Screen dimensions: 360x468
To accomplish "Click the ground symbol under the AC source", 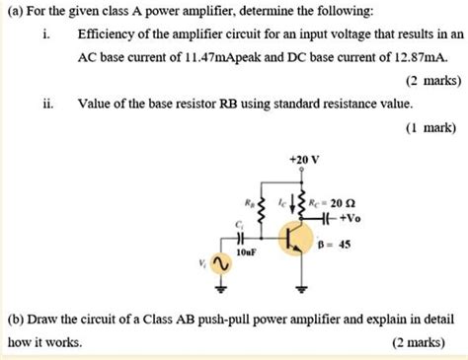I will (x=221, y=290).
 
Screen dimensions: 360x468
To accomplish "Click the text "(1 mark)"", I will (x=431, y=127).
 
